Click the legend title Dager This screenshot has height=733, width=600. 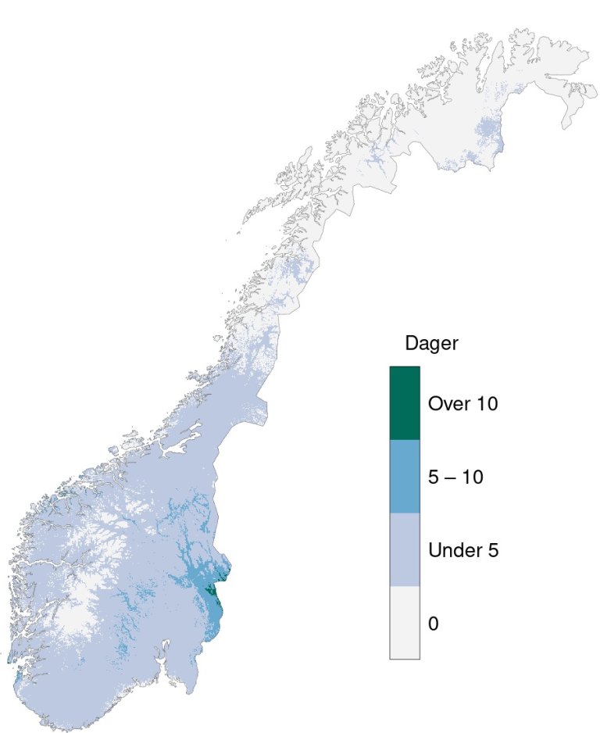click(x=431, y=343)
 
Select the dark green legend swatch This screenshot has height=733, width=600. click(x=405, y=403)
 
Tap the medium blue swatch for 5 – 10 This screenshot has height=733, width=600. click(x=405, y=477)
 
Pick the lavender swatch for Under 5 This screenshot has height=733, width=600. click(x=405, y=549)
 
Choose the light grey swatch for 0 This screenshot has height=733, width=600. click(x=405, y=623)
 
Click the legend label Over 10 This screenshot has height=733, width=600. click(x=462, y=404)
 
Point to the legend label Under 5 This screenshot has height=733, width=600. click(x=463, y=550)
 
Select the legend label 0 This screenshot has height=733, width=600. click(x=433, y=624)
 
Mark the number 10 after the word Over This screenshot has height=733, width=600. click(x=486, y=404)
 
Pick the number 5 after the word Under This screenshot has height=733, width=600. click(x=493, y=550)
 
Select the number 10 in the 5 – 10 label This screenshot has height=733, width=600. click(x=472, y=477)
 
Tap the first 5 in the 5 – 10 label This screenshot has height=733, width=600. click(x=434, y=477)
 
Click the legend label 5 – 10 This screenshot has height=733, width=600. click(x=455, y=477)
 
